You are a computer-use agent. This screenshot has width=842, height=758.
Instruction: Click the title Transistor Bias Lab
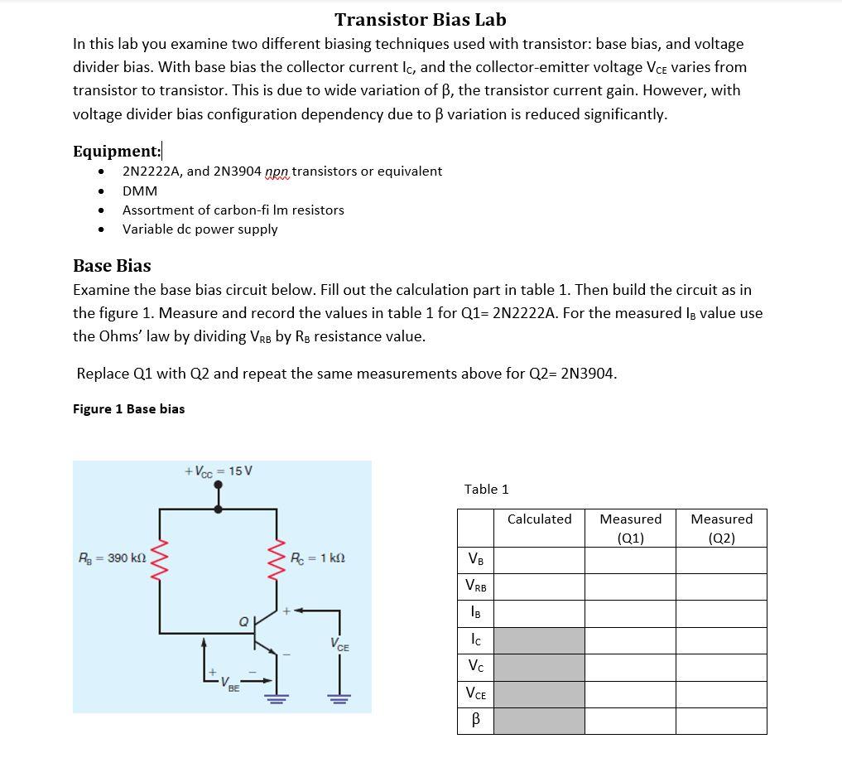[420, 19]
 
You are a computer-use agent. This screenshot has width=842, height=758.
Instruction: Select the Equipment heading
[117, 151]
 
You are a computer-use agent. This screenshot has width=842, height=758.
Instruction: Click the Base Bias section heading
[112, 265]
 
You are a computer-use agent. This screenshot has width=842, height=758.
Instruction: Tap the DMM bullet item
[140, 191]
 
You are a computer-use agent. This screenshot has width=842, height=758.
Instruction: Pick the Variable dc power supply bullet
[200, 229]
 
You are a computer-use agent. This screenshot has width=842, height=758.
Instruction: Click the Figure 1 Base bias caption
[128, 408]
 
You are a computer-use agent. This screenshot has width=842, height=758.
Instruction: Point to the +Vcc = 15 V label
[219, 471]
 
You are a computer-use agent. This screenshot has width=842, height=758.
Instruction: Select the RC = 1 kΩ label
[318, 558]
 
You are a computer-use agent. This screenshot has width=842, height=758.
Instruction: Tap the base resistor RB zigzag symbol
[159, 558]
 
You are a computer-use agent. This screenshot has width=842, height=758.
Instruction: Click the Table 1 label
[486, 489]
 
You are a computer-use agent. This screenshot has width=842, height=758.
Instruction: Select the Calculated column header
[539, 519]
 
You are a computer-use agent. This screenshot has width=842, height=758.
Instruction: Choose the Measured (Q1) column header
[630, 528]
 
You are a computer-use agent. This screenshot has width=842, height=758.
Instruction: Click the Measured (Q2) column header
[721, 528]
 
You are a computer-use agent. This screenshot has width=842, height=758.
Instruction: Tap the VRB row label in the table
[476, 587]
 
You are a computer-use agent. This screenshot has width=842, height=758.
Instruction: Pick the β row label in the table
[476, 720]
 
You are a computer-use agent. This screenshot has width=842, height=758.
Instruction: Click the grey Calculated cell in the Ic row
[539, 640]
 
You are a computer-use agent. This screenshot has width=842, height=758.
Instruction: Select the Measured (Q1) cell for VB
[630, 560]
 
